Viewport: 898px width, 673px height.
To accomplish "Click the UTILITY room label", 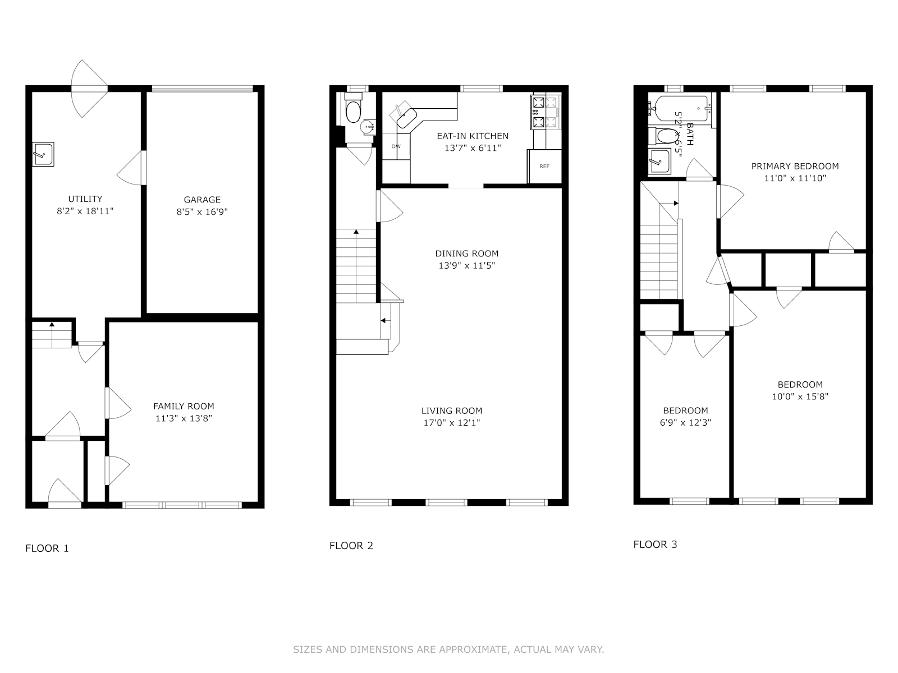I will (x=85, y=199).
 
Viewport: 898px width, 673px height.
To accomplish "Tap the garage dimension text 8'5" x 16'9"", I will (x=202, y=212).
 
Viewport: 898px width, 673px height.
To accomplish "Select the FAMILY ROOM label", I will (x=184, y=406).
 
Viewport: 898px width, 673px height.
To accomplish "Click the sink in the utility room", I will (x=43, y=154).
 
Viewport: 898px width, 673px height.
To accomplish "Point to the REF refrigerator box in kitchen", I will (x=544, y=166).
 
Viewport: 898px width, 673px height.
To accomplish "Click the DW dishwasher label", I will (x=396, y=146).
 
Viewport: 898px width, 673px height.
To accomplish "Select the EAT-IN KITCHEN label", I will (x=473, y=136).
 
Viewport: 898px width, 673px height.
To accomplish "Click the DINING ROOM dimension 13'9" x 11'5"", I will (x=467, y=266).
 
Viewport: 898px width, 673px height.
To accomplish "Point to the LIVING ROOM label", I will (x=452, y=411).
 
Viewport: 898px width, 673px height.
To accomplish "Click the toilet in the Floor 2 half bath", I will (x=352, y=112).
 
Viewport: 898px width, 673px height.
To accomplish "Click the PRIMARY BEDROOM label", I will (x=795, y=166).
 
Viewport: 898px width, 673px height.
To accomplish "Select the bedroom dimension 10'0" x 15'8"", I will (x=800, y=397).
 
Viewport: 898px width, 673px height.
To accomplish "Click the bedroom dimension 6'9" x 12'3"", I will (x=685, y=423).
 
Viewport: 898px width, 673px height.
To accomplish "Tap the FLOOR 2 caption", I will (x=351, y=545).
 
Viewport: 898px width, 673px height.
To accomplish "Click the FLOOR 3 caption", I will (x=655, y=544).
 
